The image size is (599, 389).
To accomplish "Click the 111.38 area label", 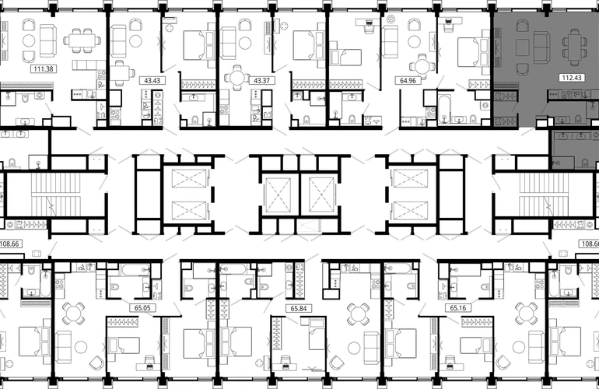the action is pos(43,69).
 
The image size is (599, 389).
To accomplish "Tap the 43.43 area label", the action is pos(152,81).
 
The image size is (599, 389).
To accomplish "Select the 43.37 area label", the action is pos(261,81).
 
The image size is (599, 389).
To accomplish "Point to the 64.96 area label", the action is pos(408,81).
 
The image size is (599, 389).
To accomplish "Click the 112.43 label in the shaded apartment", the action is pos(572,78).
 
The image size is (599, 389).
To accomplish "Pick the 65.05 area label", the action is pos(142,307).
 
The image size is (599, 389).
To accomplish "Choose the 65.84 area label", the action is pos(299,308).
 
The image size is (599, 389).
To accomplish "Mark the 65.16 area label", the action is pos(457,307).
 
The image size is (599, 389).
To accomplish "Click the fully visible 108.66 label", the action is pos(10,244).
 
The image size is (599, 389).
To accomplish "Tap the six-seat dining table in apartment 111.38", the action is pos(82,40).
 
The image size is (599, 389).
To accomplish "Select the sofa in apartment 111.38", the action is pos(48,40).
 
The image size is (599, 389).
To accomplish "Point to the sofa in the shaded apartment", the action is pos(541,47).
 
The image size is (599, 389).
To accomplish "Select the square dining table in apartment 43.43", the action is pos(120,72).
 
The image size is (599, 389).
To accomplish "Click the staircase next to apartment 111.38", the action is pos(56,194).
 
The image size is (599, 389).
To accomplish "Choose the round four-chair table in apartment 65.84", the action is pos(358,314).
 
